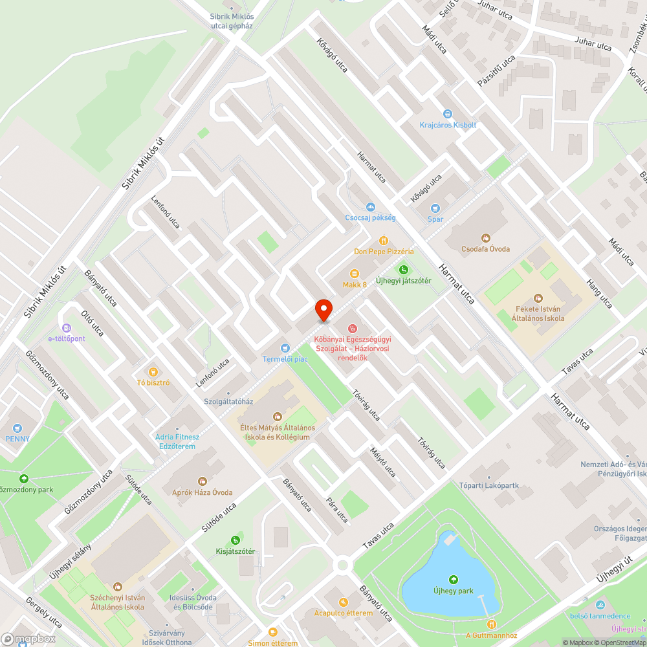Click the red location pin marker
coord(323,310)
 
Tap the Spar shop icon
coord(435,208)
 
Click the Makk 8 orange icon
coord(355,274)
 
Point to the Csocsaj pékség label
coord(370,218)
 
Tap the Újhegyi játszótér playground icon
coord(404,269)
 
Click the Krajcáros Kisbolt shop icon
coord(448,114)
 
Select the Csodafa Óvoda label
coord(486,249)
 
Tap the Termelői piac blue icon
coord(285,348)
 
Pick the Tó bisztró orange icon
coord(153,371)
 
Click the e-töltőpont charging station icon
coord(66,327)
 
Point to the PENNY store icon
coord(17,428)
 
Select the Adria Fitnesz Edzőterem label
coord(177,441)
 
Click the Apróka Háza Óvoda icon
coord(203,481)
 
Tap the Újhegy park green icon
coord(454,580)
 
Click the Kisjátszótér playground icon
coord(236,540)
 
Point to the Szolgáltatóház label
coord(228,401)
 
